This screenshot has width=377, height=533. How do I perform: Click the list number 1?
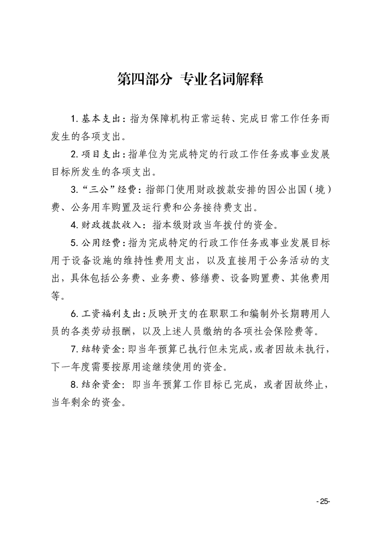pos(74,119)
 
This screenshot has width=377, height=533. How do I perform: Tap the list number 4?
pos(74,225)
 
